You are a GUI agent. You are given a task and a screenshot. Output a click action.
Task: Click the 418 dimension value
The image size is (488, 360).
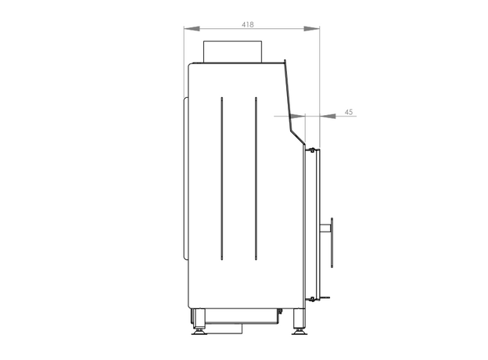(x=248, y=24)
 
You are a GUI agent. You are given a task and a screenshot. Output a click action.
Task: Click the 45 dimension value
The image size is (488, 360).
(x=349, y=112)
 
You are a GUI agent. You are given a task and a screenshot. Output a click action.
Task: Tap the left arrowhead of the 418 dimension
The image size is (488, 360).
(x=192, y=29)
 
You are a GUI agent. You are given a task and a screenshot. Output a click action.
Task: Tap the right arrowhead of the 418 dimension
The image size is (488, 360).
(x=311, y=29)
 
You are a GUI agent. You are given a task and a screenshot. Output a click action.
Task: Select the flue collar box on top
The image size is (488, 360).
(x=232, y=52)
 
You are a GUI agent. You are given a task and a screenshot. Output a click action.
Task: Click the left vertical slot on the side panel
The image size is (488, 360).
(x=221, y=178)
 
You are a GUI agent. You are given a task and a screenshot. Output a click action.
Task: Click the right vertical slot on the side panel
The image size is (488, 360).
(x=256, y=178)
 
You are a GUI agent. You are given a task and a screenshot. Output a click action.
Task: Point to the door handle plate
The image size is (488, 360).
(x=332, y=243)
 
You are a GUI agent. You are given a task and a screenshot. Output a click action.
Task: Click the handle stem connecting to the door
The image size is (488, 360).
(x=325, y=229)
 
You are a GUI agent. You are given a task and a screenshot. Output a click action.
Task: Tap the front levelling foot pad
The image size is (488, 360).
(x=300, y=333)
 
